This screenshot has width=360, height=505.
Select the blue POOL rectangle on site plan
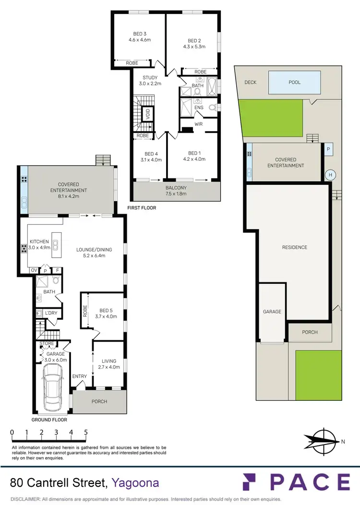pos(294,83)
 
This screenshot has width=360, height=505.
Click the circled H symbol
pos(330,175)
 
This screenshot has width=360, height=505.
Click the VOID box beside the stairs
pos(148,114)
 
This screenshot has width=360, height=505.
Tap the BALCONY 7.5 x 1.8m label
pos(176,191)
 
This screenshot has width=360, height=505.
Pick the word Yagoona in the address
pos(135,482)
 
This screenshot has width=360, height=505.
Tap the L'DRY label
pos(50,313)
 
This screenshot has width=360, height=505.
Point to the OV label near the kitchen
pos(34,270)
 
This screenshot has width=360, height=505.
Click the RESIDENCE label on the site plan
pos(294,247)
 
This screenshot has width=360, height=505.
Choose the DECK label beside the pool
pos(250,83)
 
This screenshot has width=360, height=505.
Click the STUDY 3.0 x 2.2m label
pos(150,80)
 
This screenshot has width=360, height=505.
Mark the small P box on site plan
pos(328,149)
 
